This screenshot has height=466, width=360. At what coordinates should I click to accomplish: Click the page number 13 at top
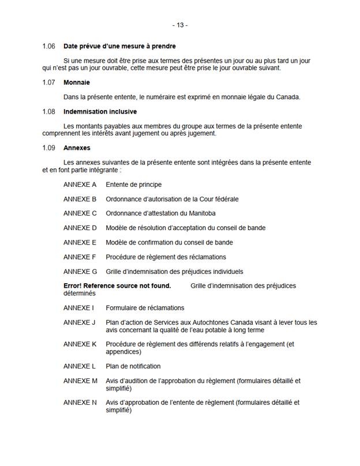180,25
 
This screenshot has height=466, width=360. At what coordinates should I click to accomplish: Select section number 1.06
48,46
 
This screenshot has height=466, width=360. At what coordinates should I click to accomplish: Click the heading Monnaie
76,82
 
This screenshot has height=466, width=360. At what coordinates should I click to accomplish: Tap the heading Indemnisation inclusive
100,111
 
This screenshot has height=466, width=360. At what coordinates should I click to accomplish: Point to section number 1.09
48,148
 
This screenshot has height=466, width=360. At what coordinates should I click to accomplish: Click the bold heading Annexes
77,148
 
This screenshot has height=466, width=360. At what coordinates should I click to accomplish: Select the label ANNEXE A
80,185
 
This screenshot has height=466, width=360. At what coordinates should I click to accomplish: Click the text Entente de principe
133,185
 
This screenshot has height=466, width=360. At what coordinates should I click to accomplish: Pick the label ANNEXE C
80,213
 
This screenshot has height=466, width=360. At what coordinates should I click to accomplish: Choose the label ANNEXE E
80,242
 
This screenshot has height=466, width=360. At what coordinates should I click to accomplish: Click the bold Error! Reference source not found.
117,285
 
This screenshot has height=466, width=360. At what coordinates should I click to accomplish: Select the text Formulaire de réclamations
145,307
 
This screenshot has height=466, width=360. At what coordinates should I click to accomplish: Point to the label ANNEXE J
79,322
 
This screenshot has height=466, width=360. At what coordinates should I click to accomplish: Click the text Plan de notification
133,366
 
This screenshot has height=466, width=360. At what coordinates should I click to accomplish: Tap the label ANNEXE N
80,403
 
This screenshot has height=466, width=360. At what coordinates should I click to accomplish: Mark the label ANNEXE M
80,381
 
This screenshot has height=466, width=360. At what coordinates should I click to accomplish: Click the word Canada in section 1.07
287,96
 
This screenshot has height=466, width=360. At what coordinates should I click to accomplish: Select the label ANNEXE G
80,272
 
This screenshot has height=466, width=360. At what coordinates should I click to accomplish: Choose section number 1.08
48,111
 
